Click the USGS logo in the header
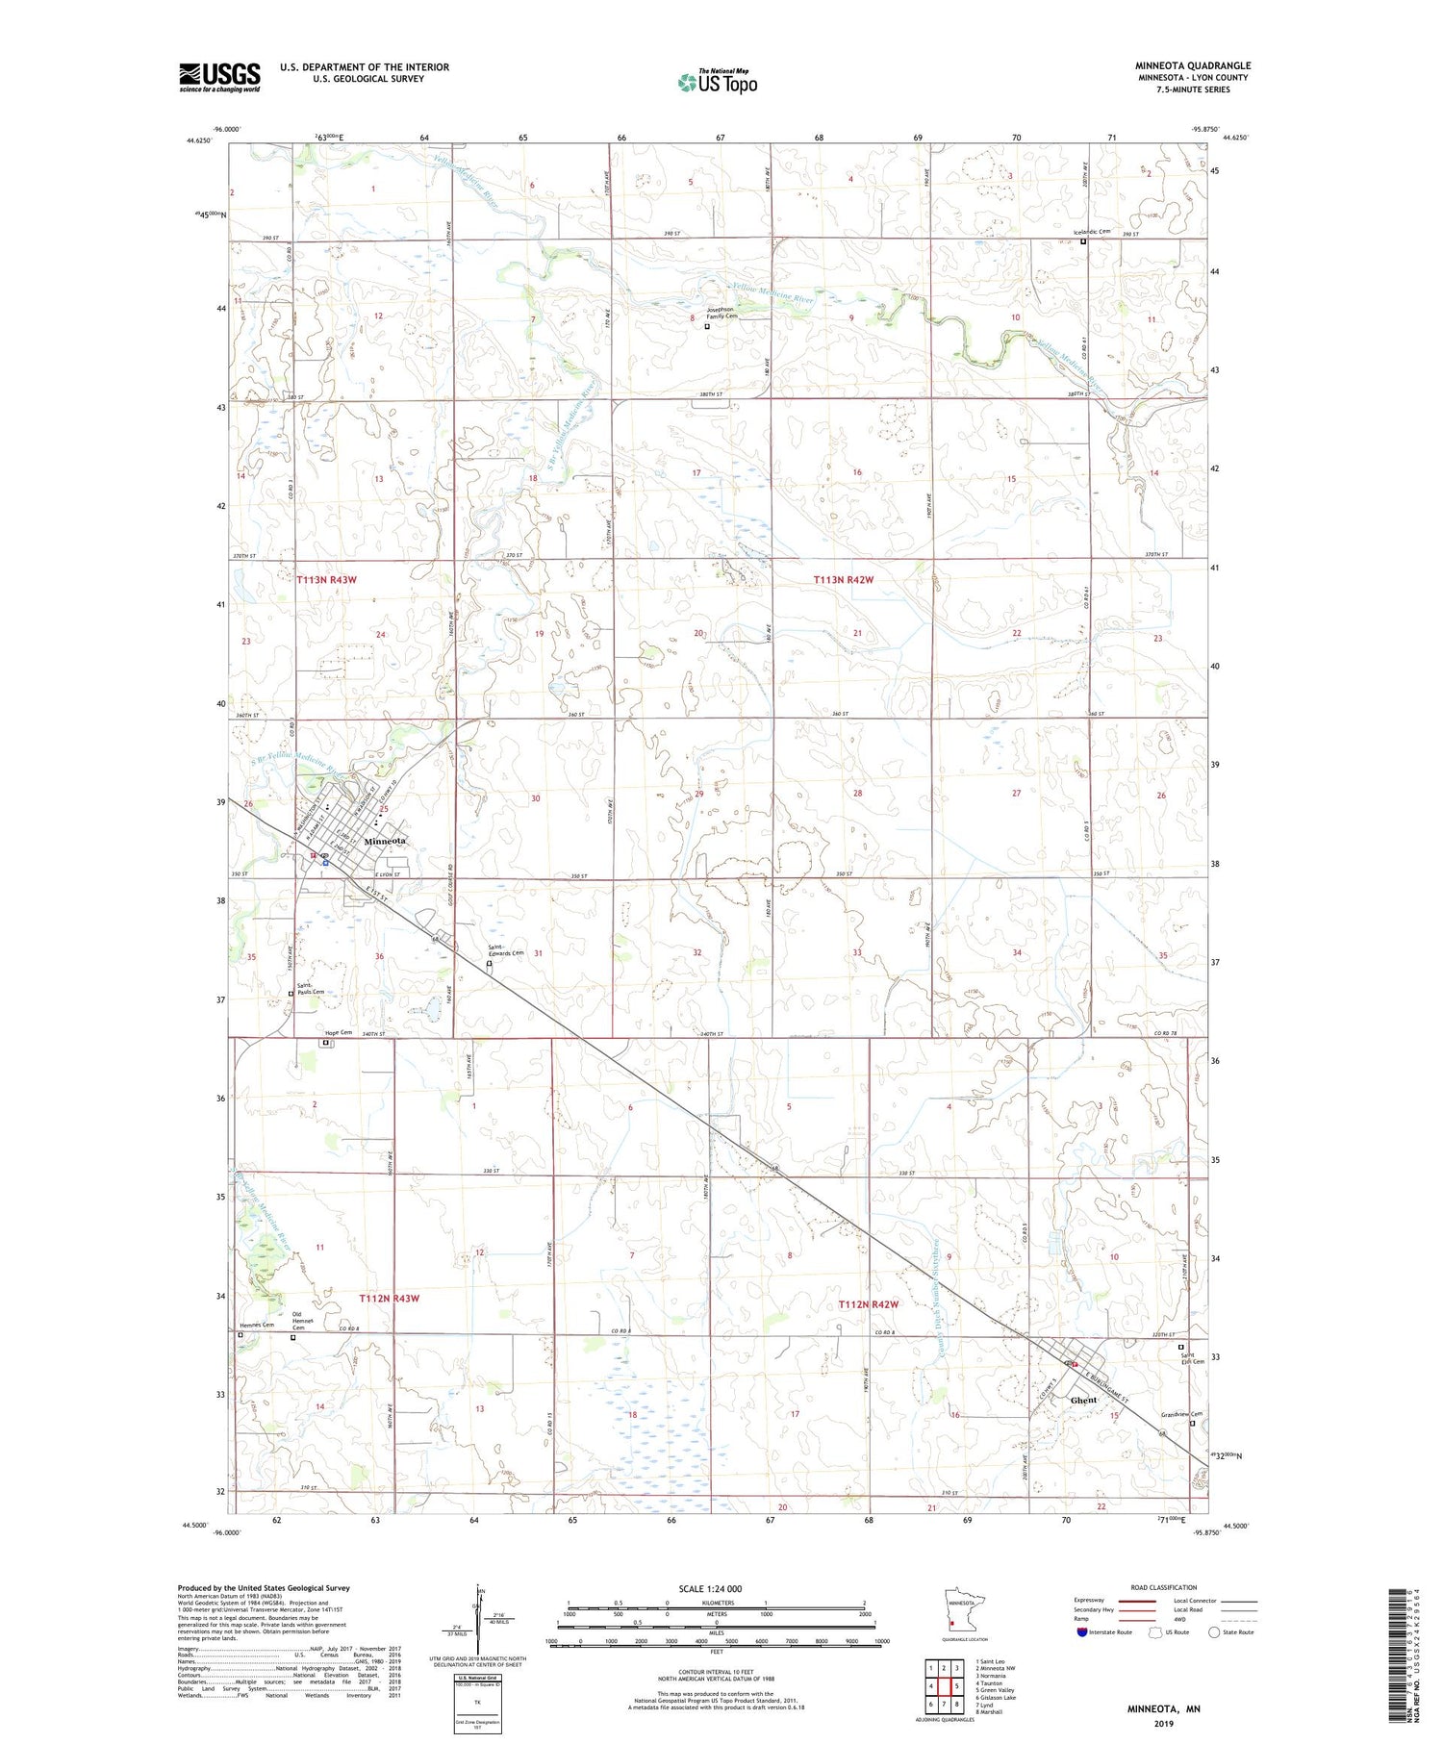(x=219, y=77)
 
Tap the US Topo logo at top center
(x=718, y=82)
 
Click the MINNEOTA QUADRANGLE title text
(x=1192, y=66)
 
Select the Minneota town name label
(x=385, y=841)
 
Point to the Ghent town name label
(x=1083, y=1401)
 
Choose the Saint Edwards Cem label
(x=505, y=950)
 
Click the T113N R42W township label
(x=844, y=580)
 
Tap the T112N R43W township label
(x=390, y=1299)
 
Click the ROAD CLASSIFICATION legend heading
(x=1164, y=1587)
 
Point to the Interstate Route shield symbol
(x=1082, y=1631)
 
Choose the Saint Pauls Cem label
(x=310, y=988)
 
